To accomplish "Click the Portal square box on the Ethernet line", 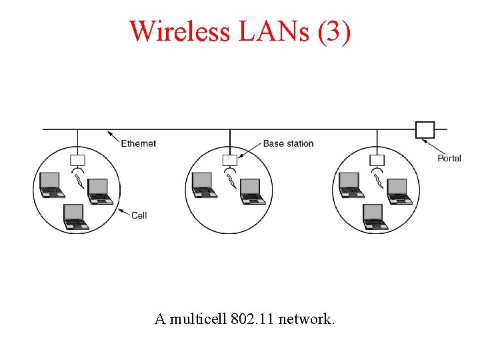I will point(425,129).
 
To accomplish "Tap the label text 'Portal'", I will point(449,158).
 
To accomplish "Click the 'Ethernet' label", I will point(139,143).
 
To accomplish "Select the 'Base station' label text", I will point(288,143).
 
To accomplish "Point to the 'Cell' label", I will point(139,215).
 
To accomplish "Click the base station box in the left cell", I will point(77,160).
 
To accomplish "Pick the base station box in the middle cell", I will point(229,160).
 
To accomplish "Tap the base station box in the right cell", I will point(377,160).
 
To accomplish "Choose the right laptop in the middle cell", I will point(253,191).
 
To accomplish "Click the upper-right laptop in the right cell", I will point(400,191).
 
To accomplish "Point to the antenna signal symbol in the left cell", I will point(79,179).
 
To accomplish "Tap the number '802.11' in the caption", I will point(253,319).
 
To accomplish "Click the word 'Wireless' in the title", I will point(180,31).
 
